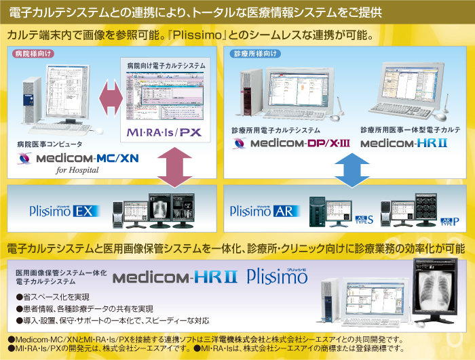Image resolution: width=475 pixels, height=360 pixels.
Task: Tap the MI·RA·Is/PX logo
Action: [164, 130]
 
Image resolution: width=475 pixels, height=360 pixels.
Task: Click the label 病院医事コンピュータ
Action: [50, 144]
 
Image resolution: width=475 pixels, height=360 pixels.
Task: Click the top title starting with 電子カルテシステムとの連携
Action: [197, 12]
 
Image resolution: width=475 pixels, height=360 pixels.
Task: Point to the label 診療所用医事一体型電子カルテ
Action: [411, 129]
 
